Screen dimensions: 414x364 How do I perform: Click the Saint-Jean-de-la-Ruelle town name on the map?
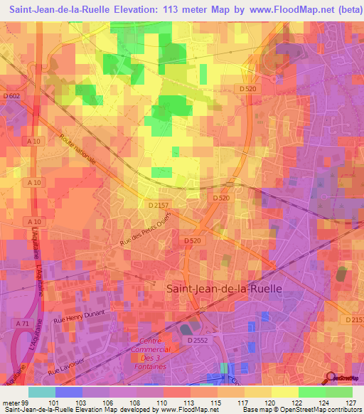click(223, 289)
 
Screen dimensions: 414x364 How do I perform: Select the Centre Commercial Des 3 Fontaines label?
click(151, 349)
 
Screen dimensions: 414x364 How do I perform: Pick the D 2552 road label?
click(200, 341)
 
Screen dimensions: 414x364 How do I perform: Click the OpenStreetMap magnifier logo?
click(332, 379)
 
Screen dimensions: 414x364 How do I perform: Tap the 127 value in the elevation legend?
click(350, 402)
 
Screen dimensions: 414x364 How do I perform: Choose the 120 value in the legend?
click(269, 402)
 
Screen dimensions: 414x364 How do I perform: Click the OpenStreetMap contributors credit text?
click(325, 410)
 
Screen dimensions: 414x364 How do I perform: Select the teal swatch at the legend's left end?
click(42, 392)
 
